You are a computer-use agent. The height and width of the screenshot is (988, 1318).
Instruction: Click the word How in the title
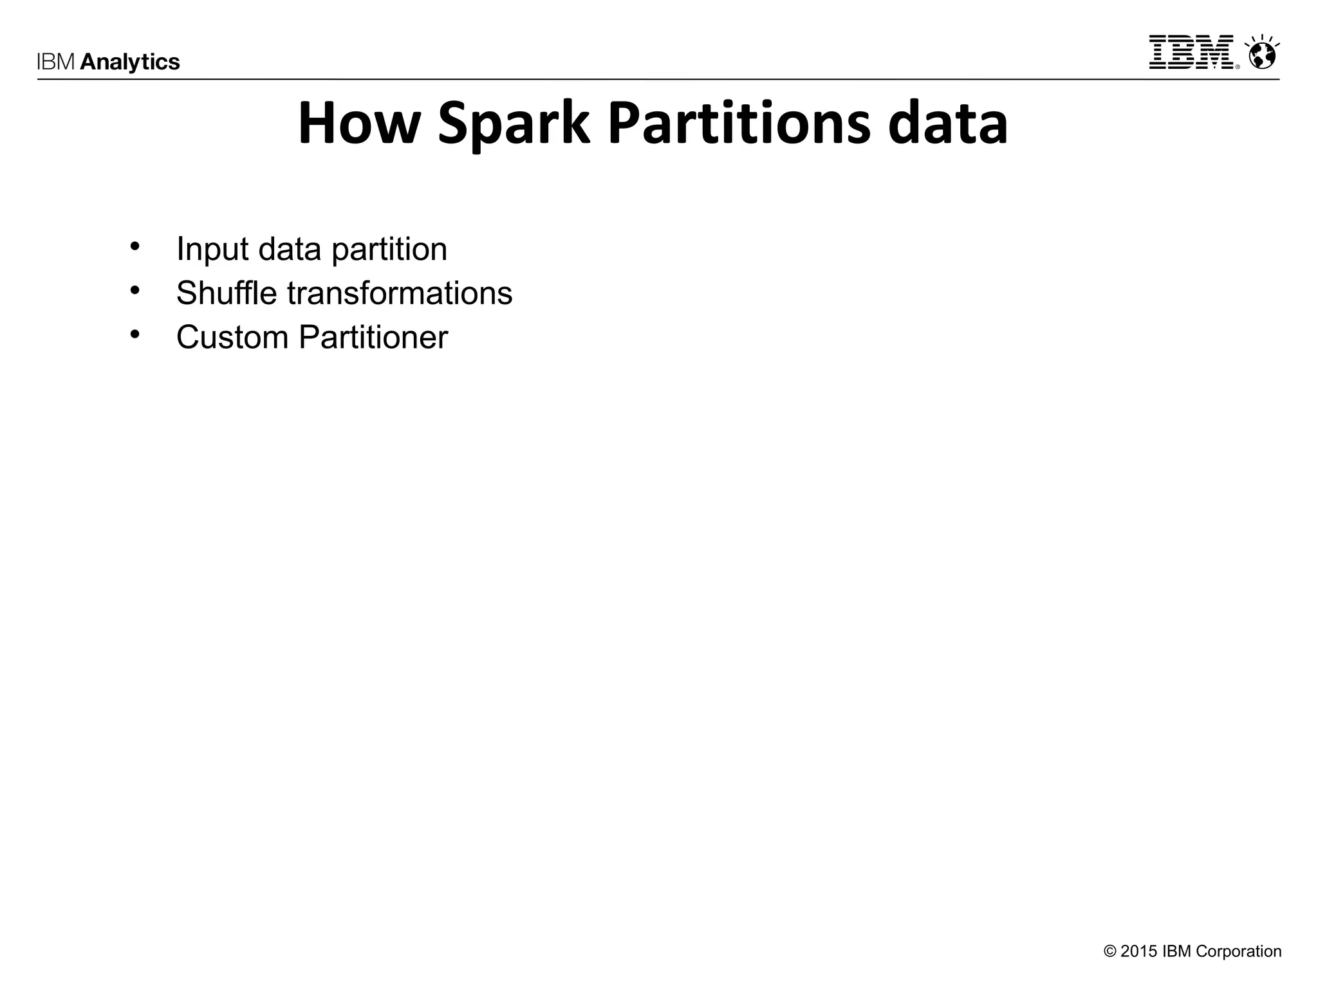(x=358, y=123)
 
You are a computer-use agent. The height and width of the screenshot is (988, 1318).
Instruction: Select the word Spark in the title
(x=513, y=123)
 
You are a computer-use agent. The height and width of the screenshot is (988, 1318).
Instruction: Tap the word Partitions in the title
(x=738, y=123)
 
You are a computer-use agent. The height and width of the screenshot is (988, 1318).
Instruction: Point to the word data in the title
(x=947, y=123)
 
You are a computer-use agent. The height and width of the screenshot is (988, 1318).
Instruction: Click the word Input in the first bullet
(x=212, y=250)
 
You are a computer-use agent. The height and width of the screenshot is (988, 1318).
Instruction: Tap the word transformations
(x=400, y=293)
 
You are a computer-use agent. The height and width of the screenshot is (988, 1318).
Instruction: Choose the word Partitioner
(x=373, y=337)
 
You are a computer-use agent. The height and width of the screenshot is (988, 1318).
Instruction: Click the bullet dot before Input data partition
(x=135, y=246)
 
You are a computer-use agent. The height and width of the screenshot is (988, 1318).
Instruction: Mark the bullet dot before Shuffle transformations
(x=135, y=290)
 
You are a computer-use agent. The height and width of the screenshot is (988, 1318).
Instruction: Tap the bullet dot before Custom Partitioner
(x=135, y=334)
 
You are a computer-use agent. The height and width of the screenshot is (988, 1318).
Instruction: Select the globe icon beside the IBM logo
(x=1261, y=53)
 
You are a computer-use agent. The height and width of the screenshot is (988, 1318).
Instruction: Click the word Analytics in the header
(x=130, y=62)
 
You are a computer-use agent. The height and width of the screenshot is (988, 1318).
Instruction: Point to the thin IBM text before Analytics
(x=57, y=62)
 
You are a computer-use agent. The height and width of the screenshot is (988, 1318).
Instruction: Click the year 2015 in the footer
(x=1138, y=951)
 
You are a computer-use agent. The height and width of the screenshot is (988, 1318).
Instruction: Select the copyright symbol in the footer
(x=1110, y=951)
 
